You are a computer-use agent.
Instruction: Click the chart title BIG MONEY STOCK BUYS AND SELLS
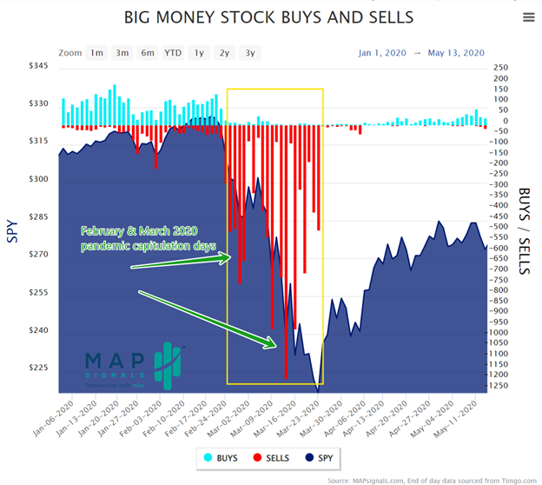(x=268, y=17)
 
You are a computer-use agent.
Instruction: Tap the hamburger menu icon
(x=529, y=17)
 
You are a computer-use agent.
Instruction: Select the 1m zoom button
(x=96, y=53)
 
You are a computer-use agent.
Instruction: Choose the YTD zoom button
(x=174, y=53)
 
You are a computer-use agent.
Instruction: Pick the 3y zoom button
(x=250, y=53)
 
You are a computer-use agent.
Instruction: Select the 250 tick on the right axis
(x=500, y=67)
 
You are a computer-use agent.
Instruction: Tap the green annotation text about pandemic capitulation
(x=140, y=237)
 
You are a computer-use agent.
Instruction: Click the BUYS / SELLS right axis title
(x=525, y=230)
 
